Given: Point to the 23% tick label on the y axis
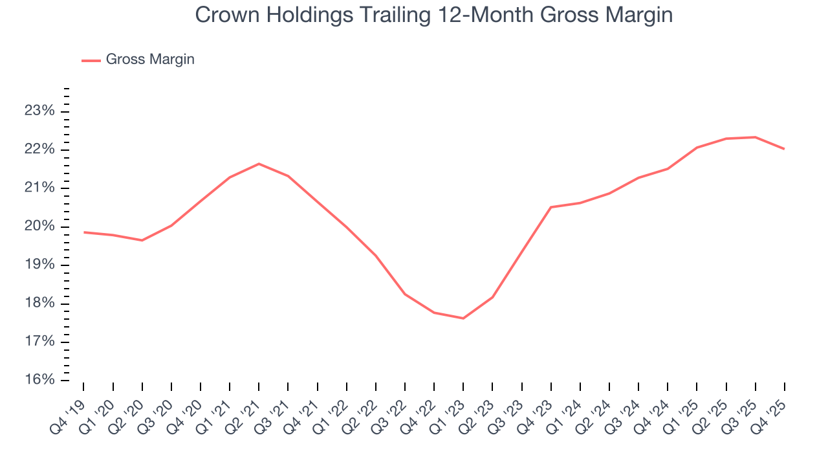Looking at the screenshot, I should (x=39, y=111).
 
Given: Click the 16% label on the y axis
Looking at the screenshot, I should (x=39, y=380).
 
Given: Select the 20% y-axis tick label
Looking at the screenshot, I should (x=39, y=227).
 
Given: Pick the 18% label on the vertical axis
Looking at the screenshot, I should (x=39, y=304).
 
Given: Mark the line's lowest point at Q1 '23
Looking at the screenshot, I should (x=463, y=318).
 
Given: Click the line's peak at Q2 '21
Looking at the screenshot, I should (x=259, y=164).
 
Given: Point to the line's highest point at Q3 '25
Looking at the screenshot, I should (x=755, y=137).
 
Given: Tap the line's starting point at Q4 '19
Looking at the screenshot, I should (x=84, y=232).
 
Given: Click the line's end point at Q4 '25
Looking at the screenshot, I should (x=784, y=149).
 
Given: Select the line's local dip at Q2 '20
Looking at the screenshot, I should (x=142, y=240).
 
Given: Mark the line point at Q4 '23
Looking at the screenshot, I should (x=550, y=207).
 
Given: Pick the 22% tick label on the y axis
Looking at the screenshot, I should (x=39, y=150).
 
